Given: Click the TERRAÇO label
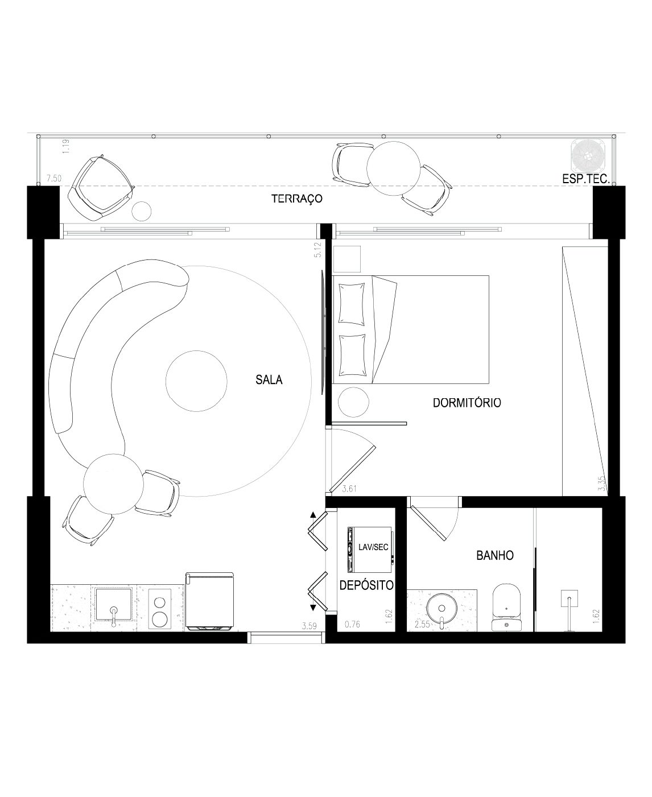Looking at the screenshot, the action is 297,199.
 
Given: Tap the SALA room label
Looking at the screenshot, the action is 269,379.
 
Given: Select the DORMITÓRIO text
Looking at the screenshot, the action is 467,403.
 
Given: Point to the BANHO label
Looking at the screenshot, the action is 495,556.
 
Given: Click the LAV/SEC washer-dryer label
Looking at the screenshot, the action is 373,547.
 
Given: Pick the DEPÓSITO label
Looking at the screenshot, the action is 366,585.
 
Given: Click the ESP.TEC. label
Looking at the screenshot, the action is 586,179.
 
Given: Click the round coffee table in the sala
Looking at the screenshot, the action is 196,381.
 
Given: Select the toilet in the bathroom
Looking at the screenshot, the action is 506,608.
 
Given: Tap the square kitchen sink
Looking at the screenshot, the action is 113,604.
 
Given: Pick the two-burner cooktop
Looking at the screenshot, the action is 159,609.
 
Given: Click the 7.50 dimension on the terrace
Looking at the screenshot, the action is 54,179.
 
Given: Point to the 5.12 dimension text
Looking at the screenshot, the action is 317,250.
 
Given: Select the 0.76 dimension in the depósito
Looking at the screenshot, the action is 352,624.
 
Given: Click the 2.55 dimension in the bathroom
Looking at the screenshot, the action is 422,624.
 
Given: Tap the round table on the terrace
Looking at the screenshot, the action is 394,168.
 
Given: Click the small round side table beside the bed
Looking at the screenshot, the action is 353,402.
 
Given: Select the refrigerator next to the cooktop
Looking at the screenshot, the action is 210,602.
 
